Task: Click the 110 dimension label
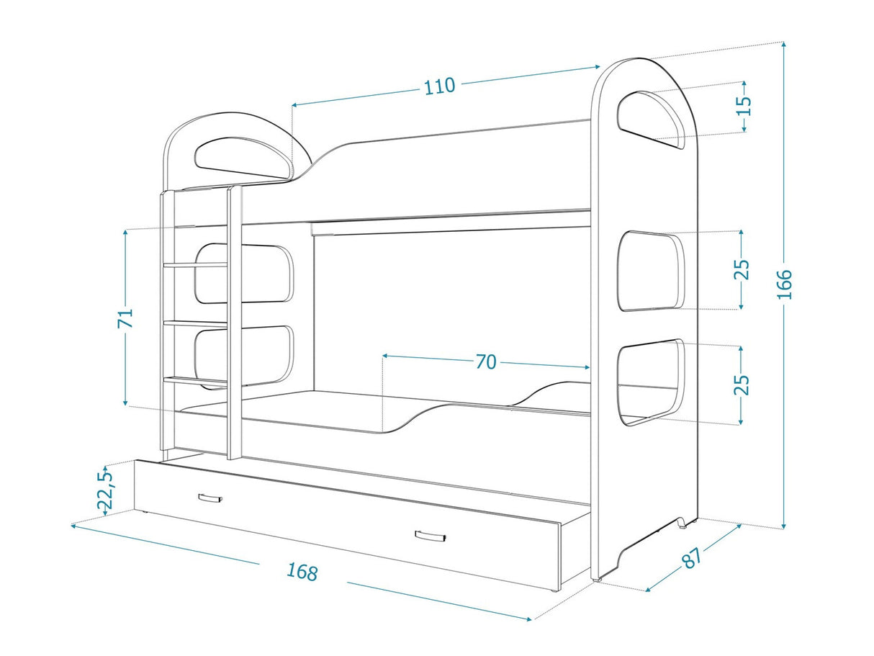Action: point(439,86)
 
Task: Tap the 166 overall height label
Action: point(784,284)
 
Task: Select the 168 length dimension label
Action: point(302,572)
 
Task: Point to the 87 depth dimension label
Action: point(692,557)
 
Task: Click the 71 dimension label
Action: point(125,318)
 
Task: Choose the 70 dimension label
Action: point(486,361)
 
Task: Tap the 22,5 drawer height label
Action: point(105,490)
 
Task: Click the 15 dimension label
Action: point(744,106)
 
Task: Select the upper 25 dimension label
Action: point(742,269)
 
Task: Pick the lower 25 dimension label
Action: point(742,385)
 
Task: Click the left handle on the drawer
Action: point(210,498)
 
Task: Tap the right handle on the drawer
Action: point(430,536)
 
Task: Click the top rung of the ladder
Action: point(195,264)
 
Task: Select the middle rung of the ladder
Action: point(195,324)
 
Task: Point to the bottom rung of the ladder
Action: point(195,381)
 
